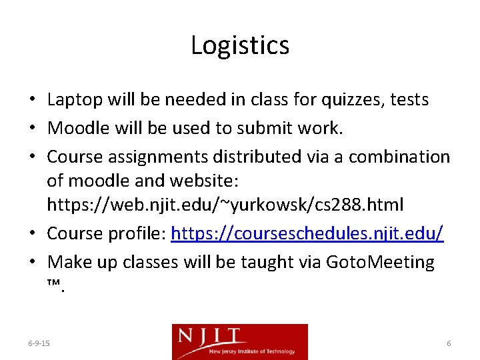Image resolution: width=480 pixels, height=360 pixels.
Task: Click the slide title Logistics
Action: (x=240, y=45)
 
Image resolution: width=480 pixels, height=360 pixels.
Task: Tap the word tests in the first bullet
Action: (x=409, y=100)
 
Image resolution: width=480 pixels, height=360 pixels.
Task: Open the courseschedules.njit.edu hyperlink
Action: (x=307, y=234)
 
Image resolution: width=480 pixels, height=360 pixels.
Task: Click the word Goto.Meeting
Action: (x=380, y=262)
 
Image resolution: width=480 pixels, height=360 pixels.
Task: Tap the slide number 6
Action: (x=449, y=343)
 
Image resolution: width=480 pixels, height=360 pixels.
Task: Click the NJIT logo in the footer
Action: (x=240, y=341)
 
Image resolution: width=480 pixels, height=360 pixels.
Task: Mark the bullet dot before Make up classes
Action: (x=33, y=263)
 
